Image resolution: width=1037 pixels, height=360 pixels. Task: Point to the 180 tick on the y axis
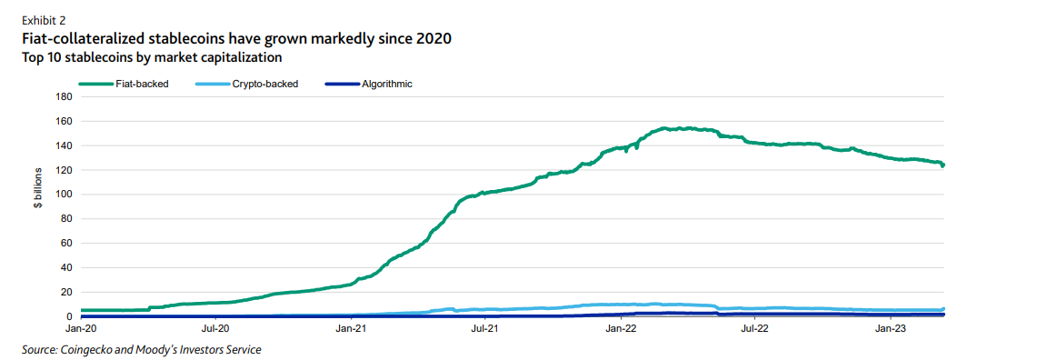(64, 96)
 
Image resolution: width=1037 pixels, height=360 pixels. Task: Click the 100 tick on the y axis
(64, 195)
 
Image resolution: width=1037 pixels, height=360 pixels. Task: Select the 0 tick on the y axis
(69, 316)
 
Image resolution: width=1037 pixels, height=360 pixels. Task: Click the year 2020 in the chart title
(433, 38)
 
